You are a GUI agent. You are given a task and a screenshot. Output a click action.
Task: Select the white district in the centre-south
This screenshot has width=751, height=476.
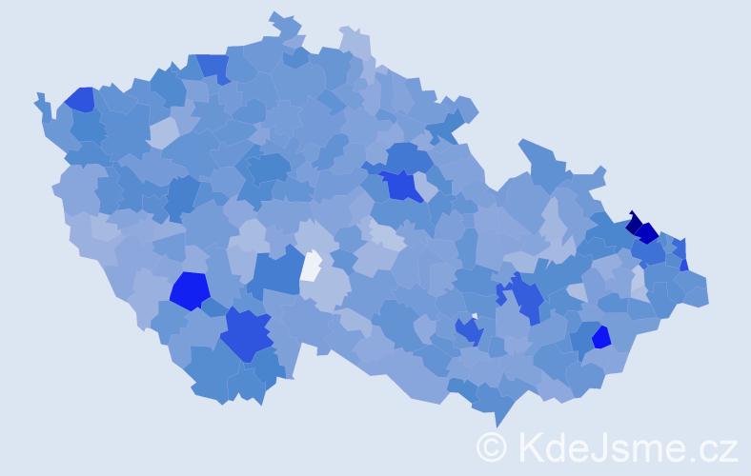pyautogui.click(x=311, y=266)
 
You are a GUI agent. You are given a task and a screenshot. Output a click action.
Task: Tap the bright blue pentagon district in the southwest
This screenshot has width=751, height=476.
pyautogui.click(x=190, y=290)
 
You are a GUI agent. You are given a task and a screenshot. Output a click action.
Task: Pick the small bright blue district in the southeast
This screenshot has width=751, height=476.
pyautogui.click(x=600, y=337)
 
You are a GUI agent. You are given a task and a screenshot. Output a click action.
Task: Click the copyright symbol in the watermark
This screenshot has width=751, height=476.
pyautogui.click(x=492, y=446)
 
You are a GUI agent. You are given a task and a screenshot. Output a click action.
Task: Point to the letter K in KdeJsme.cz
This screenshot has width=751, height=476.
pyautogui.click(x=530, y=446)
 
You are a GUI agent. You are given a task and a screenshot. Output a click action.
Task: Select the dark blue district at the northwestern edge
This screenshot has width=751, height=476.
pyautogui.click(x=79, y=99)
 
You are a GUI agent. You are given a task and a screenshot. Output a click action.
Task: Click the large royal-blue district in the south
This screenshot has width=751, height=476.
pyautogui.click(x=246, y=335)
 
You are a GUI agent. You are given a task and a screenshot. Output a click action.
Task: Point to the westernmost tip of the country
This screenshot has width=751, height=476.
pyautogui.click(x=36, y=97)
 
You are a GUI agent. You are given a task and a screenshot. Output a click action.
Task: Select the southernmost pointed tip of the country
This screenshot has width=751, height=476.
pyautogui.click(x=498, y=425)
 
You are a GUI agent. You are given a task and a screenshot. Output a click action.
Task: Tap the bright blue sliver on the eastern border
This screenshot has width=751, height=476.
pyautogui.click(x=683, y=265)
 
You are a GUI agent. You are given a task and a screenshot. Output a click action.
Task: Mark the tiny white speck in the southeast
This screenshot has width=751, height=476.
pyautogui.click(x=474, y=315)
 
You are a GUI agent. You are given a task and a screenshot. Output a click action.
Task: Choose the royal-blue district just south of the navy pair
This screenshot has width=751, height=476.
pyautogui.click(x=652, y=253)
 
